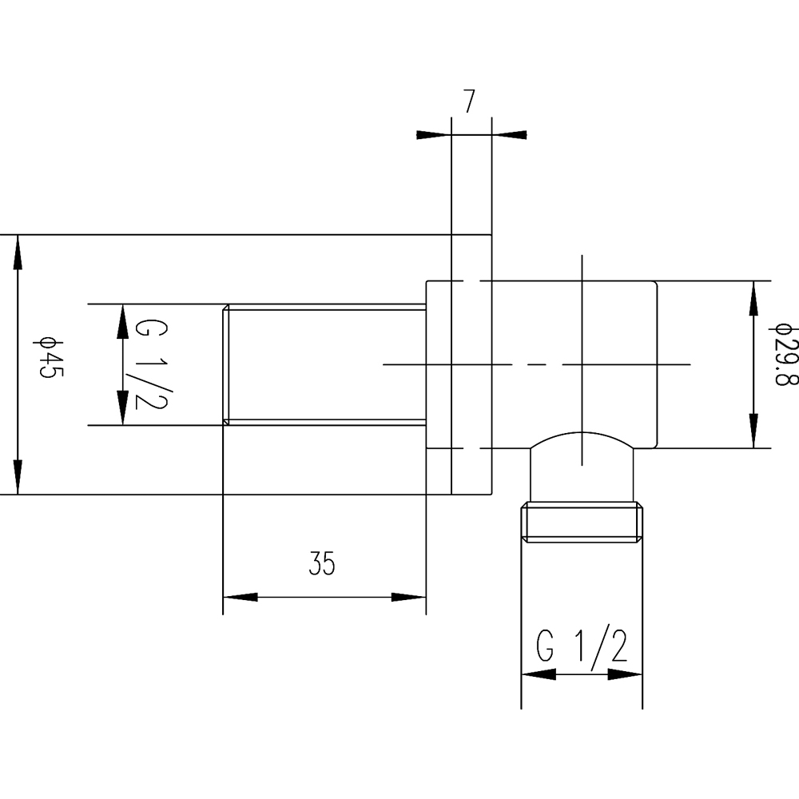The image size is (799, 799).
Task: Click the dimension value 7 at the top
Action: (x=469, y=101)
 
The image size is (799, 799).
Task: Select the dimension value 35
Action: (x=322, y=563)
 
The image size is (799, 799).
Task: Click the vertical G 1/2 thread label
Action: (x=151, y=364)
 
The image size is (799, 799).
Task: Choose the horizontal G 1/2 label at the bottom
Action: (x=582, y=646)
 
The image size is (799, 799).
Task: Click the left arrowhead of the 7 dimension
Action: (x=434, y=135)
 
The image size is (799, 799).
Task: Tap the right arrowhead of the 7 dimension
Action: (x=509, y=135)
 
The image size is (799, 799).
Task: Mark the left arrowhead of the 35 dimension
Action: (x=240, y=597)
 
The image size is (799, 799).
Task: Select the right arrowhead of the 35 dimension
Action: (x=408, y=597)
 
